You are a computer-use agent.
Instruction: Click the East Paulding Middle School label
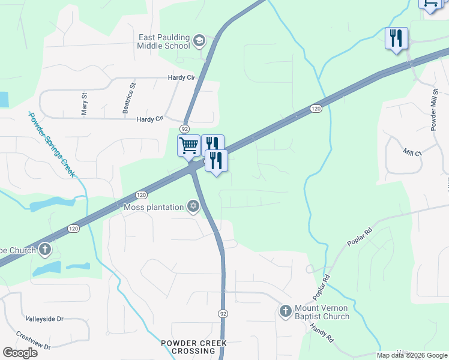pyautogui.click(x=164, y=41)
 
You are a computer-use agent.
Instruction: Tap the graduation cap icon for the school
pyautogui.click(x=199, y=41)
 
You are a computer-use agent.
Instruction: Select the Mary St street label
pyautogui.click(x=85, y=103)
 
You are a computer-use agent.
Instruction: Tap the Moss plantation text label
pyautogui.click(x=154, y=208)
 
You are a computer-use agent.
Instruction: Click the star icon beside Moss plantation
pyautogui.click(x=193, y=207)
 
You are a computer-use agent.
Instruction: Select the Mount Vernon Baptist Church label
pyautogui.click(x=322, y=313)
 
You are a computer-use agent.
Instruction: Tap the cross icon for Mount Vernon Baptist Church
pyautogui.click(x=286, y=311)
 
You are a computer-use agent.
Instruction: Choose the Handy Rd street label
pyautogui.click(x=322, y=333)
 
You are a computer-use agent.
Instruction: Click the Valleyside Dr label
pyautogui.click(x=44, y=319)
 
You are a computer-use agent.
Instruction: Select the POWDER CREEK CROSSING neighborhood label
pyautogui.click(x=194, y=347)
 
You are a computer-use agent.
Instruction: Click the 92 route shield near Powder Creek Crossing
pyautogui.click(x=223, y=313)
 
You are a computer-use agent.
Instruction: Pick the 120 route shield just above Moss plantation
pyautogui.click(x=141, y=195)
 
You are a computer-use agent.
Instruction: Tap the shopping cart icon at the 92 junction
pyautogui.click(x=188, y=145)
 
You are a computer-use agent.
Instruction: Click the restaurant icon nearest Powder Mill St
pyautogui.click(x=396, y=38)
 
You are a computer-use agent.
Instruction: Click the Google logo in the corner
pyautogui.click(x=20, y=352)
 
